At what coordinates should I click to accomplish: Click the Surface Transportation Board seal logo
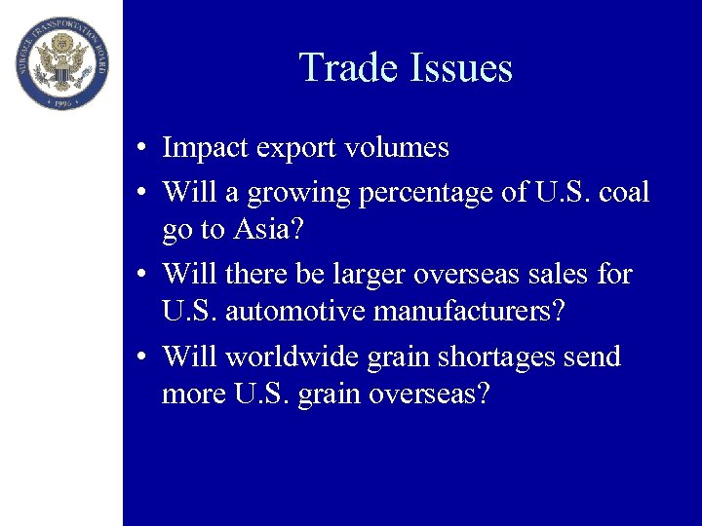click(x=61, y=62)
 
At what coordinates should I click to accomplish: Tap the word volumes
click(x=393, y=148)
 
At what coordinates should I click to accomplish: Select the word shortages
click(x=495, y=357)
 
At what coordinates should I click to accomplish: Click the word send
click(x=592, y=357)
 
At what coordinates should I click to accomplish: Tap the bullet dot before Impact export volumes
click(x=142, y=149)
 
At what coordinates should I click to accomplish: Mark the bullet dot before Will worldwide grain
click(x=142, y=357)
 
